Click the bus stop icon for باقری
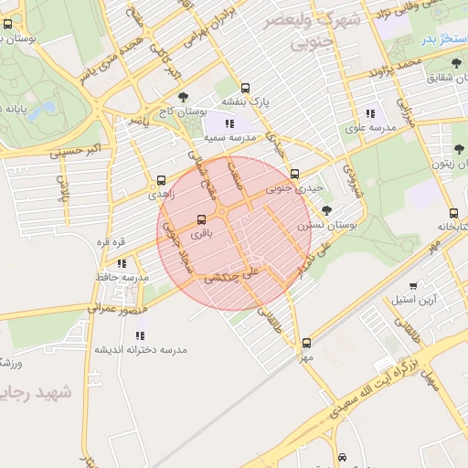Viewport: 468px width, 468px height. (202, 219)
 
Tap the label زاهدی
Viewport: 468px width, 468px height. (161, 195)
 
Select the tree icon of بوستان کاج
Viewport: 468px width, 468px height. (184, 96)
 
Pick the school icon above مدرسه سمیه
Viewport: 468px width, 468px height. (229, 122)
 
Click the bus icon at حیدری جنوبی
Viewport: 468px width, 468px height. (294, 174)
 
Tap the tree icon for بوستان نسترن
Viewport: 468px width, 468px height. (327, 210)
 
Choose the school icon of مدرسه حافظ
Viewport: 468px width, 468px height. (122, 263)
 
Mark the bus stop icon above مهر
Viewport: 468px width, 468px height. (306, 344)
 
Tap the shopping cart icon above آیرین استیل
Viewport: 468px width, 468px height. (413, 285)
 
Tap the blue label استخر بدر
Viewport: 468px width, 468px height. (441, 41)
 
